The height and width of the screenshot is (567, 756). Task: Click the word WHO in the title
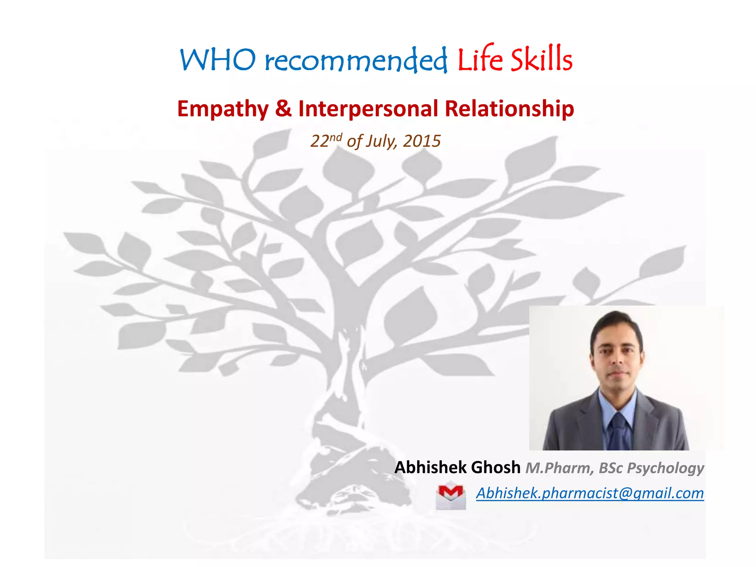pyautogui.click(x=217, y=60)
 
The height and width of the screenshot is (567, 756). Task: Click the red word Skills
pyautogui.click(x=542, y=59)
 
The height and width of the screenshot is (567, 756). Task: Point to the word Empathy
pyautogui.click(x=223, y=109)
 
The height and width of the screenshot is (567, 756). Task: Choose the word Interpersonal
pyautogui.click(x=368, y=109)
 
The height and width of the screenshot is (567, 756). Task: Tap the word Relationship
pyautogui.click(x=509, y=109)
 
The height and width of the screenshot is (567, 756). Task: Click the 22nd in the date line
pyautogui.click(x=326, y=141)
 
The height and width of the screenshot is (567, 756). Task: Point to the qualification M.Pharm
pyautogui.click(x=559, y=468)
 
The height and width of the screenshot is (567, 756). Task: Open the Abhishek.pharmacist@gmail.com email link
pyautogui.click(x=590, y=493)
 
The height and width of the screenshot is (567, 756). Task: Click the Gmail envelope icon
pyautogui.click(x=450, y=496)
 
